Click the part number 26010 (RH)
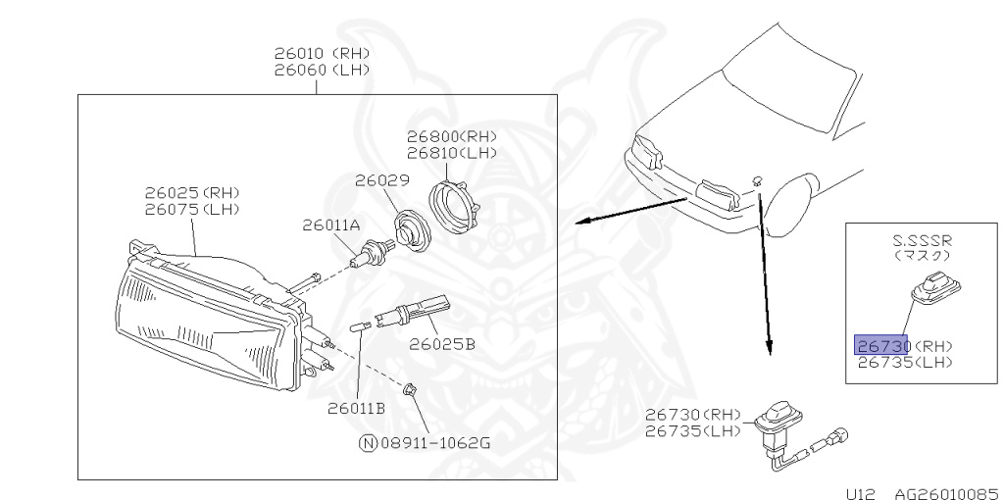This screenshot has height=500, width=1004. (x=315, y=55)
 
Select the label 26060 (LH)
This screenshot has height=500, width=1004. (x=315, y=71)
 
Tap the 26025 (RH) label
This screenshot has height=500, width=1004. (x=191, y=192)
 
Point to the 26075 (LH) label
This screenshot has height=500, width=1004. (x=191, y=209)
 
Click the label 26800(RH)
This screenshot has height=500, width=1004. (x=452, y=136)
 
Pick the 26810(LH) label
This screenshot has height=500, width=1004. (x=452, y=153)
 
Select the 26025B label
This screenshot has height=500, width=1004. (x=442, y=344)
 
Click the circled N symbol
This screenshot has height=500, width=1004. (x=368, y=443)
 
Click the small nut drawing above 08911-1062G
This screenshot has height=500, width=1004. (x=413, y=388)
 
